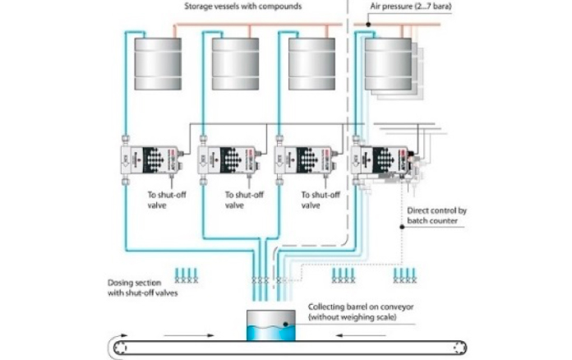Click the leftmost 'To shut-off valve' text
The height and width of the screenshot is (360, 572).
tap(164, 201)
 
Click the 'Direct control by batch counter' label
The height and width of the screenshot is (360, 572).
tap(437, 216)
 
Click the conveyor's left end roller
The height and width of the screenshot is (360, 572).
tap(122, 348)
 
